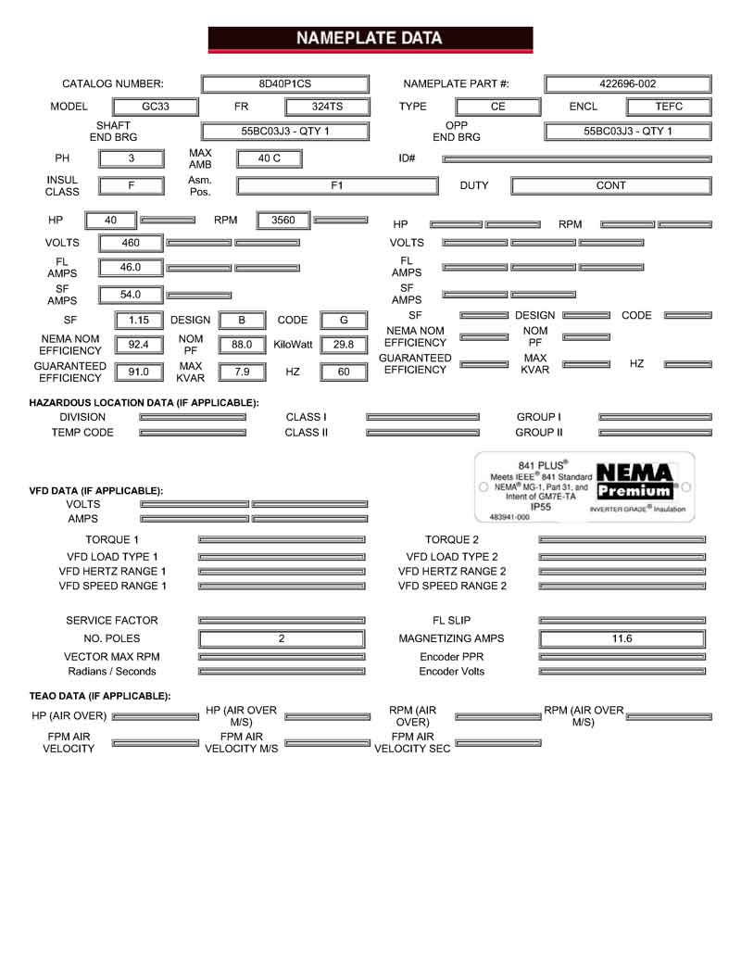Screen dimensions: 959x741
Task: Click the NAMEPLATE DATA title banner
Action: [x=370, y=39]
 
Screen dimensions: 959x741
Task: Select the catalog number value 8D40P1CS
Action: [x=284, y=83]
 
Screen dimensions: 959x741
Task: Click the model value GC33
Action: [x=155, y=107]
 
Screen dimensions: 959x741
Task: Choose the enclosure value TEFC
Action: [x=668, y=107]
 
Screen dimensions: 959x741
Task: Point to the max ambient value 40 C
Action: [x=270, y=158]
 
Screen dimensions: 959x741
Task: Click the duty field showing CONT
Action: [x=610, y=185]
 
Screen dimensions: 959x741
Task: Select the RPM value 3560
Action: [x=283, y=221]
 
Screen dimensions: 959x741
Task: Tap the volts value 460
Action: [x=131, y=243]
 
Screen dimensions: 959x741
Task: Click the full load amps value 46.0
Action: [x=131, y=268]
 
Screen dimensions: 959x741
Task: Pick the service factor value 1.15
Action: [x=139, y=321]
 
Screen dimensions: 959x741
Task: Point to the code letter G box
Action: [x=344, y=321]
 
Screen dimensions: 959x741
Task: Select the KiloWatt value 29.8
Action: [x=344, y=345]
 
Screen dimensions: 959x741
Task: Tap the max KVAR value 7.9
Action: [x=242, y=372]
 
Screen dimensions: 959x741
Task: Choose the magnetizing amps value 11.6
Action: [x=622, y=638]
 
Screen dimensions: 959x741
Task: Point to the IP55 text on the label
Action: [x=541, y=507]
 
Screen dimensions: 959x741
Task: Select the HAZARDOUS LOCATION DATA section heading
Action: [x=144, y=402]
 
